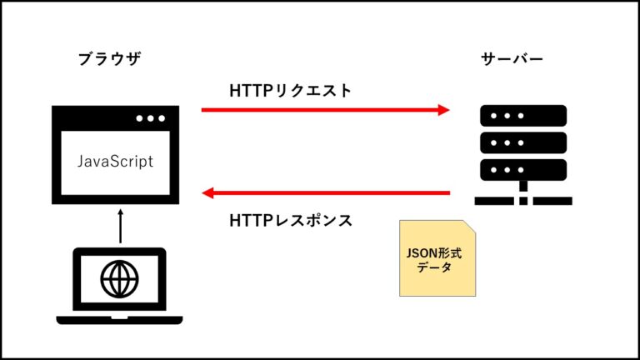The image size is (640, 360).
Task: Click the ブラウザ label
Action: (x=108, y=59)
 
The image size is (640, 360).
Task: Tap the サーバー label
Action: (x=512, y=59)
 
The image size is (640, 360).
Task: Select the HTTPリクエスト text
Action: (x=291, y=90)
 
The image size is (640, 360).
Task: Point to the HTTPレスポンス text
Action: (x=291, y=221)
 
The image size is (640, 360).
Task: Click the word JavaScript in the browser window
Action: (x=115, y=162)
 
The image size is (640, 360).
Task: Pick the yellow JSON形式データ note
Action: (x=437, y=258)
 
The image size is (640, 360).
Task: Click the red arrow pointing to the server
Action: (x=325, y=109)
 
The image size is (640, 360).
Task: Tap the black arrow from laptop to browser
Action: (x=120, y=226)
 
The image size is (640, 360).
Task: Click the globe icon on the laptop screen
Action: (x=120, y=275)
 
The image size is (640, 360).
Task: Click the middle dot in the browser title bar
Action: (x=151, y=118)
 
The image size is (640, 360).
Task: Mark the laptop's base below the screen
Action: (x=119, y=319)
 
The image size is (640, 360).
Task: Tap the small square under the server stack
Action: (x=523, y=200)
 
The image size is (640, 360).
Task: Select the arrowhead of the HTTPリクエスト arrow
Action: (x=444, y=109)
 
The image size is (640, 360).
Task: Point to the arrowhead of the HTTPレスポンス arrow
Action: (x=208, y=194)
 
